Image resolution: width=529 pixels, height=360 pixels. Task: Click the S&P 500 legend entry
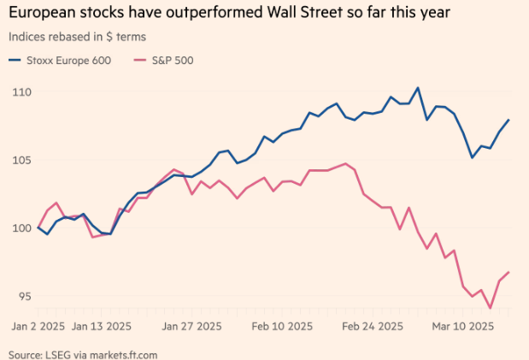coord(172,61)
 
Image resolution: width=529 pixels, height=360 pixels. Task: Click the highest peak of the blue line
coord(418,87)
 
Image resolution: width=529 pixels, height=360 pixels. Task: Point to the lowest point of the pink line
coord(491,308)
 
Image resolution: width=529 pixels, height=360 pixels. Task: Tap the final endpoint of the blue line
coord(509,120)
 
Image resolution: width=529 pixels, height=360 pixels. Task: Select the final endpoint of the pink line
coord(509,273)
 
